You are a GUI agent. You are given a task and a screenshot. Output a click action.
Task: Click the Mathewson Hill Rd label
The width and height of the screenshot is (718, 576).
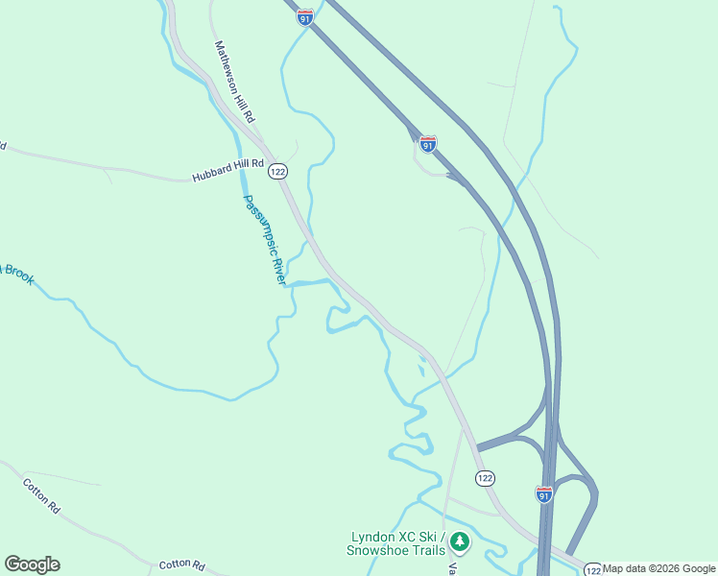tap(235, 82)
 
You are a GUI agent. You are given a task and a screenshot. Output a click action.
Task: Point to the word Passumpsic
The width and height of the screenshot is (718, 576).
tap(256, 220)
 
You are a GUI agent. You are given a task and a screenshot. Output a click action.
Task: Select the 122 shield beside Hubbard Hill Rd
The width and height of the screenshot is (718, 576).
tap(277, 171)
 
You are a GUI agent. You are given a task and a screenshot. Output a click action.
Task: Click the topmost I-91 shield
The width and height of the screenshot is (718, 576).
tap(305, 18)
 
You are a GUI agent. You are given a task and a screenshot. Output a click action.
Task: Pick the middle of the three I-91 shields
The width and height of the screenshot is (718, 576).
tap(428, 143)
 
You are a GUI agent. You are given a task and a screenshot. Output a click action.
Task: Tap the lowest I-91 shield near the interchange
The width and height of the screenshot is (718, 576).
tap(544, 494)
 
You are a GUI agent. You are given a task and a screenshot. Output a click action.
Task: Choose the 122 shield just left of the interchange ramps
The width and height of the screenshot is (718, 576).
tap(485, 477)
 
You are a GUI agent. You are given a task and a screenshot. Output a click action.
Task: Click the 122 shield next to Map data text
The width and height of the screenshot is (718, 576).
tap(593, 568)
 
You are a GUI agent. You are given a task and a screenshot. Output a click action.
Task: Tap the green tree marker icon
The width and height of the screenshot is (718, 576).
tap(461, 542)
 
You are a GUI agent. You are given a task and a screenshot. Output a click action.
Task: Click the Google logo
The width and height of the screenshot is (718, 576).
tap(32, 564)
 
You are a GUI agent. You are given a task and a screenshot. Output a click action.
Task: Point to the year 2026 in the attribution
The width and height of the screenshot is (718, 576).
tap(667, 568)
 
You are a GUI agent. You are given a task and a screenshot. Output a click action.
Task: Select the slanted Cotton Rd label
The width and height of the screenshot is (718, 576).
tap(41, 497)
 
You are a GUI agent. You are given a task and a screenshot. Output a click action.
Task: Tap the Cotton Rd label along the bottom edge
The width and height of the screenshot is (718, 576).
tap(182, 564)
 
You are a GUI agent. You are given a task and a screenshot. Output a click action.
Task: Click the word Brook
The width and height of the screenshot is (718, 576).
tap(18, 276)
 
